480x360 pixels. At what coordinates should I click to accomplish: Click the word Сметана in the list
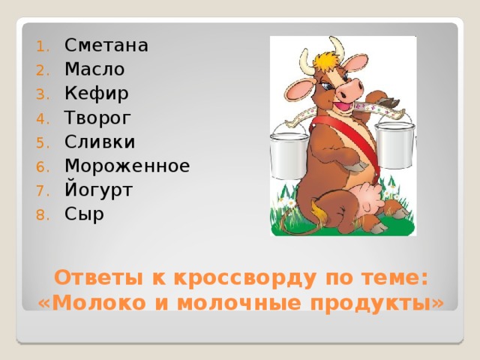106,46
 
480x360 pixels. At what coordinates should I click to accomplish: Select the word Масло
94,70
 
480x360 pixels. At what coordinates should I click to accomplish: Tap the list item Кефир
96,94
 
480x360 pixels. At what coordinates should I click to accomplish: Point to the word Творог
97,118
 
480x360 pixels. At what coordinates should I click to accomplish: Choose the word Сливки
100,142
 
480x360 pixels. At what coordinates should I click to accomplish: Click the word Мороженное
127,166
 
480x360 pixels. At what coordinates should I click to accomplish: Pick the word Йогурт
98,190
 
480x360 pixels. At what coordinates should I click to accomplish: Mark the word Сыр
84,214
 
